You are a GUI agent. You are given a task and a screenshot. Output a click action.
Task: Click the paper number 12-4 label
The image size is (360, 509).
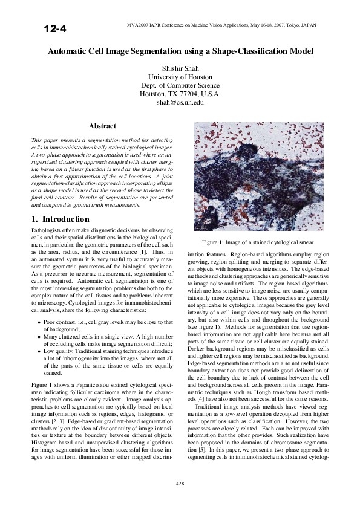[x=54, y=28]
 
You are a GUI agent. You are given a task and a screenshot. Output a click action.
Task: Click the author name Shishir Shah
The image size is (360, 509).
[x=180, y=68]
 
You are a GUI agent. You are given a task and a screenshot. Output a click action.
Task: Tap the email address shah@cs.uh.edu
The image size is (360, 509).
[x=180, y=103]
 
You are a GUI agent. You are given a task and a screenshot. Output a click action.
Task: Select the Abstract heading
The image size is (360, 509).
[x=102, y=126]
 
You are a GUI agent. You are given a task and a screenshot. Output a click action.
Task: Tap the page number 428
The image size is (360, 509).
[x=180, y=483]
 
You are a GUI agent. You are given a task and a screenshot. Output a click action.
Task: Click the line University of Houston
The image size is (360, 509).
[x=180, y=77]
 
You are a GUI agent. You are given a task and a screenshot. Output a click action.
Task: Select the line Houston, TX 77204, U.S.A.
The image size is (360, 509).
[x=180, y=94]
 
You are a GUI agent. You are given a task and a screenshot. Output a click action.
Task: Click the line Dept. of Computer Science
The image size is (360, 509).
[x=180, y=85]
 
